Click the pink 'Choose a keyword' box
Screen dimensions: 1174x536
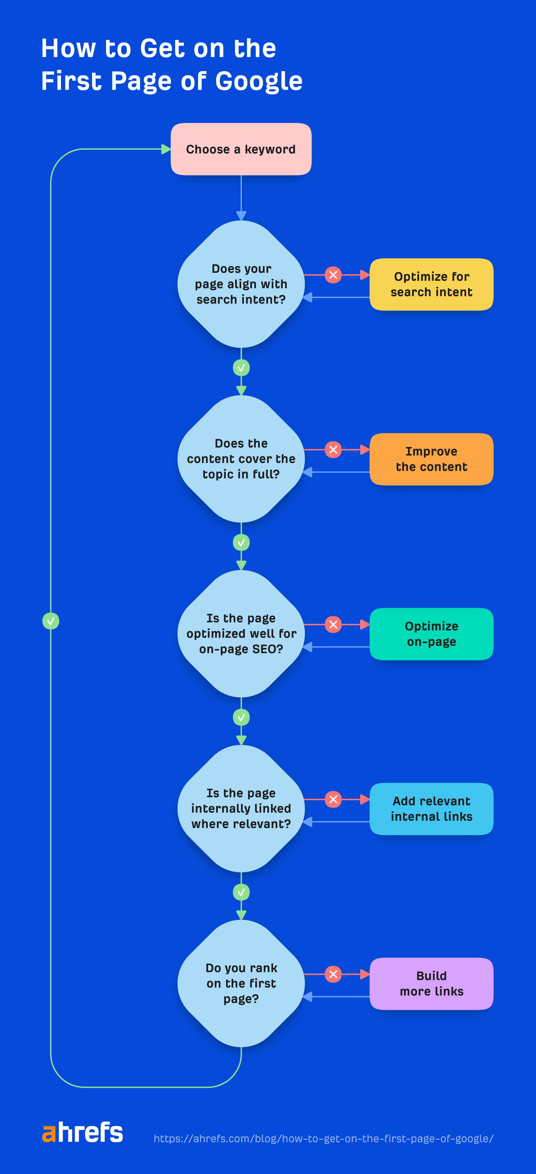click(x=241, y=149)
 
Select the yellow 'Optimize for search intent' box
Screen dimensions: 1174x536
click(x=431, y=284)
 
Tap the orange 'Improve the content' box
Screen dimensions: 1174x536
click(x=431, y=459)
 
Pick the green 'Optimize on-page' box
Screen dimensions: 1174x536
click(x=431, y=634)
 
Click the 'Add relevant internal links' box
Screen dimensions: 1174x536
click(x=431, y=808)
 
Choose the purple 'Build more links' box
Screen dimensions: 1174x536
click(x=431, y=983)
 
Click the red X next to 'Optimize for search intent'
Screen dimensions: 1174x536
click(x=333, y=275)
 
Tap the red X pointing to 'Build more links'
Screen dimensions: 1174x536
click(x=333, y=974)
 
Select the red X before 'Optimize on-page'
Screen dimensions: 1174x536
click(x=333, y=625)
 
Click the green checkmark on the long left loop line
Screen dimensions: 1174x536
click(x=51, y=621)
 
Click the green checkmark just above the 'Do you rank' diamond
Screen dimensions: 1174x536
click(x=241, y=892)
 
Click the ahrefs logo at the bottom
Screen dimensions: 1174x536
click(x=82, y=1132)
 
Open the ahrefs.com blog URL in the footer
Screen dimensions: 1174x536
click(x=323, y=1138)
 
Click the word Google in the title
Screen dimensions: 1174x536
click(x=258, y=81)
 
